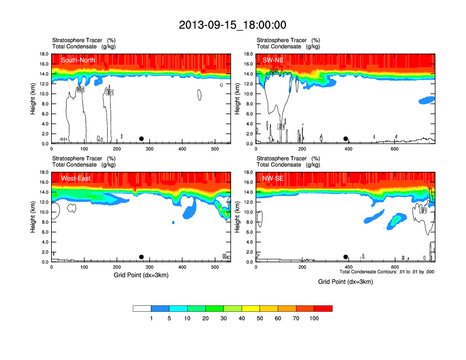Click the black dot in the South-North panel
tap(141, 139)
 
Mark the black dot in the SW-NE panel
tap(345, 139)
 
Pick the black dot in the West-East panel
tap(141, 257)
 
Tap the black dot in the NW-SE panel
tap(345, 257)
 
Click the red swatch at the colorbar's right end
tap(323, 308)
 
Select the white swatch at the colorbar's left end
tap(142, 308)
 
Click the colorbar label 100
tap(314, 318)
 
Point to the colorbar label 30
tap(224, 318)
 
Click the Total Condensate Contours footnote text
tap(387, 272)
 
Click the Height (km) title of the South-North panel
tap(34, 99)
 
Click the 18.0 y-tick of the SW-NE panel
tap(248, 54)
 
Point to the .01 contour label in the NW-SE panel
tap(423, 210)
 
